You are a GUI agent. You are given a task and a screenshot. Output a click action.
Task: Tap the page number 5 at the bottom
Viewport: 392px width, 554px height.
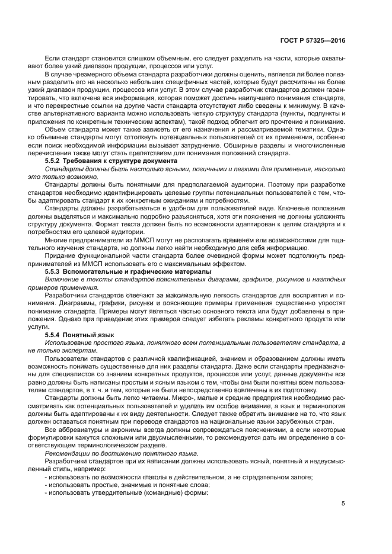click(x=343, y=504)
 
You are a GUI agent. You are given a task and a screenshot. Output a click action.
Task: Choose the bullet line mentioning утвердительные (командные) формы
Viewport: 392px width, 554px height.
click(x=127, y=492)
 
